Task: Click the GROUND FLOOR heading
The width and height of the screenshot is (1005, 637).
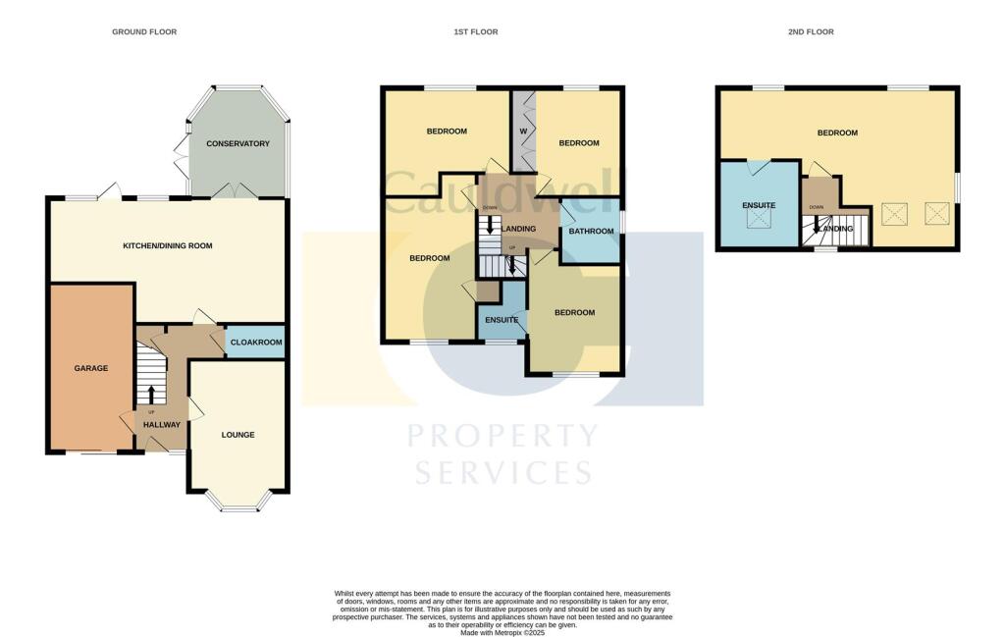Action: (x=144, y=32)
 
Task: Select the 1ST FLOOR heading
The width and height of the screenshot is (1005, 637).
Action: (x=476, y=32)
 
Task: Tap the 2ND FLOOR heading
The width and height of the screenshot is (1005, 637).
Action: (x=811, y=32)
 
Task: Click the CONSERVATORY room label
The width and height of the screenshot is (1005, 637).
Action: (x=238, y=144)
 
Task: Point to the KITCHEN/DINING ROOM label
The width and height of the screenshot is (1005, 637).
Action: (x=167, y=246)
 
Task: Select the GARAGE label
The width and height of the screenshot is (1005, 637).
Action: (x=91, y=369)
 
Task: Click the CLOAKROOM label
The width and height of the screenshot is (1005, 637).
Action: (x=256, y=343)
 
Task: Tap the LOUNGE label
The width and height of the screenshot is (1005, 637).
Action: (x=238, y=435)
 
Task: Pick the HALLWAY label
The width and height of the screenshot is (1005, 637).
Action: (x=162, y=425)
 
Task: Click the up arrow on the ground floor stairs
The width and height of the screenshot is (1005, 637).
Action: (x=151, y=394)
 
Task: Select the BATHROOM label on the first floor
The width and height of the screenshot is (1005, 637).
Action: (x=592, y=232)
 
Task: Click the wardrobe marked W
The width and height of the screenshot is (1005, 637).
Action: (x=523, y=132)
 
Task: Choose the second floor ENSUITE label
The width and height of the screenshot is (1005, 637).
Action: (x=759, y=205)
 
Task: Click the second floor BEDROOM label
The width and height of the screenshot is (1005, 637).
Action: (x=838, y=133)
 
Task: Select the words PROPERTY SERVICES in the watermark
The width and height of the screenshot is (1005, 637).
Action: (x=502, y=453)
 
